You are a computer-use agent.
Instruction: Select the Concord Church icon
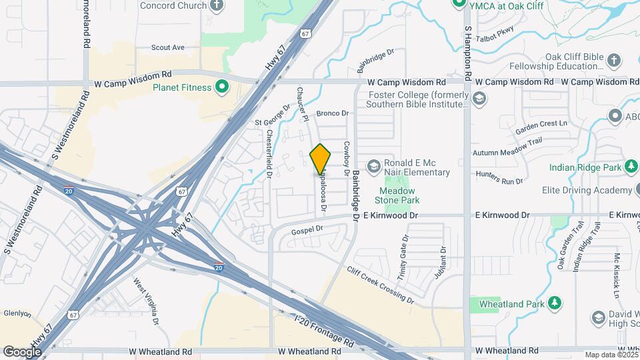216,6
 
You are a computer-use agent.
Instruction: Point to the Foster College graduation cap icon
478,99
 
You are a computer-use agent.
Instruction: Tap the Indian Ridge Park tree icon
630,167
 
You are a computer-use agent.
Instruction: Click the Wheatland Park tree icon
554,304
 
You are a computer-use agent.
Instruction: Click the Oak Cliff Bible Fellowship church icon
614,61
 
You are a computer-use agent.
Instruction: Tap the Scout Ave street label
168,48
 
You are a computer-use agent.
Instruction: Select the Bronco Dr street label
333,114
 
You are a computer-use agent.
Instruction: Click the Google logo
22,351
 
